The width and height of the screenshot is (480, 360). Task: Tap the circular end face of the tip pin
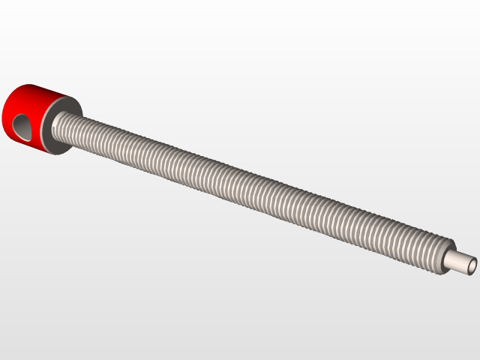click(x=473, y=265)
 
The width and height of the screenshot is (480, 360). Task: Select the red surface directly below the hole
click(x=26, y=143)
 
